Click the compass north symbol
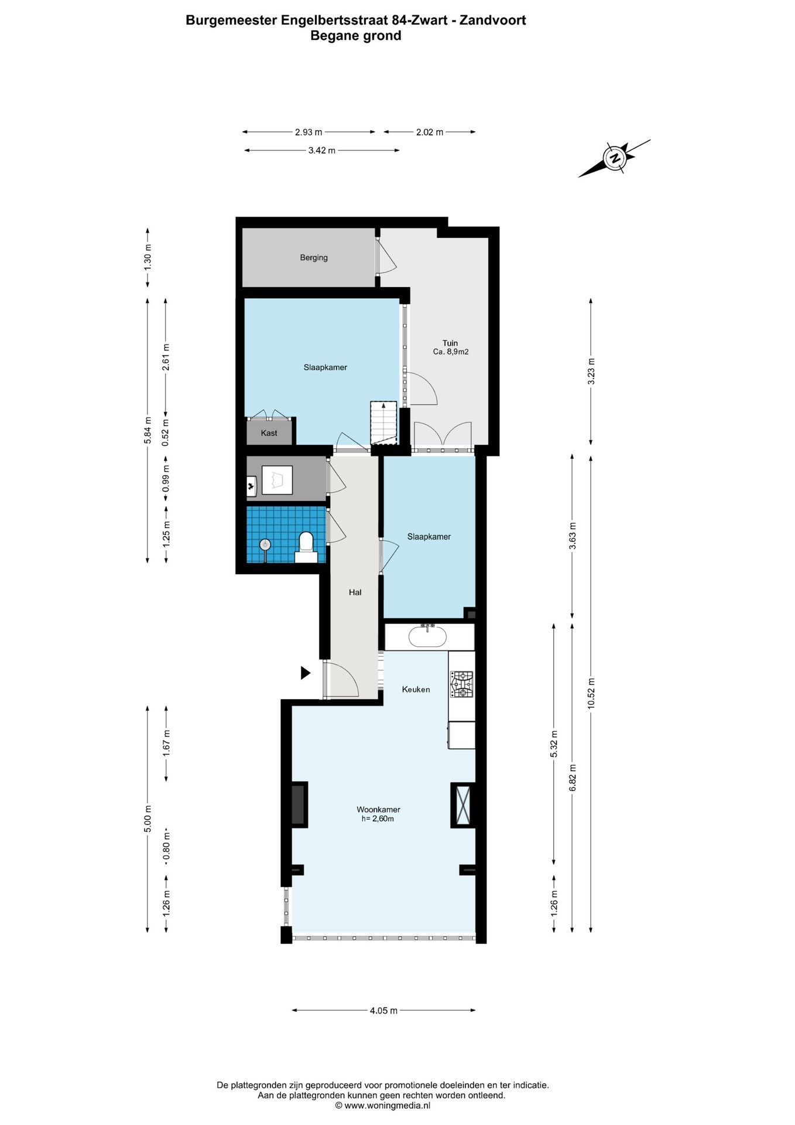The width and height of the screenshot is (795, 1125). point(615,158)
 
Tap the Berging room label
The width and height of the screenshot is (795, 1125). point(314,257)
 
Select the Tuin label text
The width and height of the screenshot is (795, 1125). point(450,343)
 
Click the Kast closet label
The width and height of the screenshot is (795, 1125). point(269,433)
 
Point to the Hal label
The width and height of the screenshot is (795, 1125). point(355,592)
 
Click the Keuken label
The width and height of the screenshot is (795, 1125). point(416,689)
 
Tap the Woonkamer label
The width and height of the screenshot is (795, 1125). point(378,810)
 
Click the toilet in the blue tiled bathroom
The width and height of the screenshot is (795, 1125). point(306,546)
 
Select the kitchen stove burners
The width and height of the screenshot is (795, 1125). point(462,684)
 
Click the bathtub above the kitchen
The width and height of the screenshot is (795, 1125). point(427,636)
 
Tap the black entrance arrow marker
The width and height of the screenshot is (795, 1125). point(305,673)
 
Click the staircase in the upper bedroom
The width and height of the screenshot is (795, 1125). point(383,423)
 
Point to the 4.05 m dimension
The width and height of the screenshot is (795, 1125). point(383,1010)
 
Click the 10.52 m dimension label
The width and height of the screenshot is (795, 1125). point(591,694)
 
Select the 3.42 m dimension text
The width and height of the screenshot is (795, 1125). point(322,151)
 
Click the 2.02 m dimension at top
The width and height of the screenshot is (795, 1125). point(430,132)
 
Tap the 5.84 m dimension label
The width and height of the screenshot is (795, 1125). point(148,431)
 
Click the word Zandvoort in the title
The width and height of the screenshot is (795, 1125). point(492,20)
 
